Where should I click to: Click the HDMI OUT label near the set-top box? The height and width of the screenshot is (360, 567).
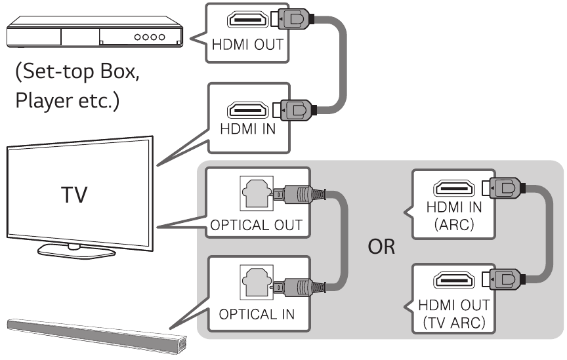click(247, 47)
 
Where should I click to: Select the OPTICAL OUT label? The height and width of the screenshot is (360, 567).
click(257, 225)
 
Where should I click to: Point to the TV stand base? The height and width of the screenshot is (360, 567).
click(77, 250)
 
